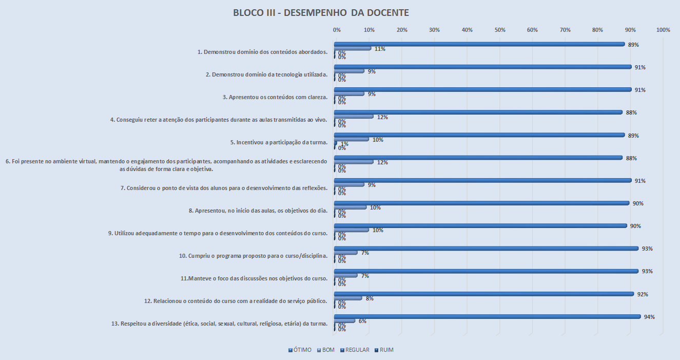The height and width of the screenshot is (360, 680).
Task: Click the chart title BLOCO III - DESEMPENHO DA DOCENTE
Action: click(321, 13)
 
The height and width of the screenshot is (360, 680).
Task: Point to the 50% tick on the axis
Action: click(500, 30)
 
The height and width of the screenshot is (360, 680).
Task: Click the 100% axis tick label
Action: click(663, 30)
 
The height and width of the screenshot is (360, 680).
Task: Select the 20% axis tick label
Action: click(402, 30)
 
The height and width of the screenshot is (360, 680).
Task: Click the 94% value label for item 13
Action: click(649, 317)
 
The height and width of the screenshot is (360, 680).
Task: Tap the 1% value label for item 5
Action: click(344, 144)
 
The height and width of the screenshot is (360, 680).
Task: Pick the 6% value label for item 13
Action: click(362, 321)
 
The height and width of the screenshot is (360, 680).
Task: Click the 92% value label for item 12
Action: click(643, 294)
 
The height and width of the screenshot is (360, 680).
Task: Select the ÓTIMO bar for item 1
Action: click(479, 44)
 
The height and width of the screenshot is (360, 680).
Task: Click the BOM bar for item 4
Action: click(354, 117)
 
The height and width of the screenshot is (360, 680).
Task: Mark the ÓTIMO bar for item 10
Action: click(486, 248)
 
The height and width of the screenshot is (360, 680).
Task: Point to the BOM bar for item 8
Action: click(351, 207)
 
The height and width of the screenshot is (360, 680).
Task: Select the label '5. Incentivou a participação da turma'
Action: click(279, 142)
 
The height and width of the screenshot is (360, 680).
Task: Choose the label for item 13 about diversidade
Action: click(219, 324)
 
